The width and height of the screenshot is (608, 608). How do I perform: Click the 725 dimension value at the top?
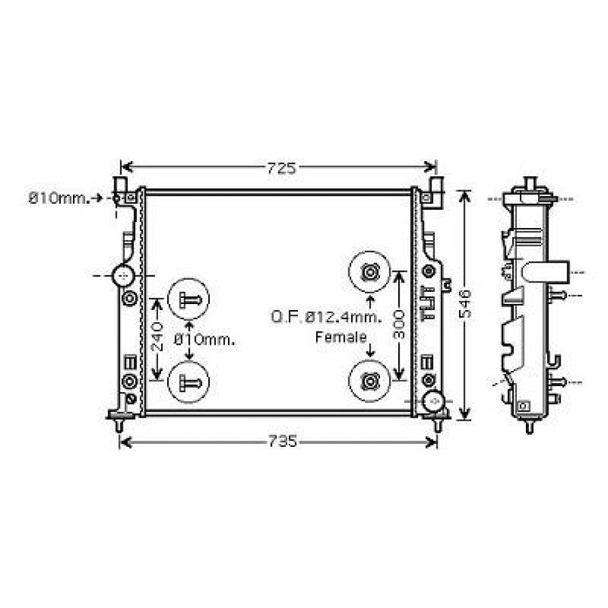[281, 168]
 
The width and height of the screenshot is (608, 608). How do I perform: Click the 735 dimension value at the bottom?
[281, 442]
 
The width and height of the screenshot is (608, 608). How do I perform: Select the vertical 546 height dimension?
[465, 304]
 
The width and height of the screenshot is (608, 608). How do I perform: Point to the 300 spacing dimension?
[398, 325]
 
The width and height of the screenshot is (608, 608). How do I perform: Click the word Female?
[340, 337]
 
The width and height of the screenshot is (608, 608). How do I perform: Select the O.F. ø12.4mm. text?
[326, 316]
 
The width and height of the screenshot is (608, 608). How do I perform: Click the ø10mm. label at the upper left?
[58, 198]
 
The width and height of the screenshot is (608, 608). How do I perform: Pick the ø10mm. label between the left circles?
[204, 340]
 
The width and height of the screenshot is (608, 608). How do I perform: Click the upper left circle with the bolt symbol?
[188, 299]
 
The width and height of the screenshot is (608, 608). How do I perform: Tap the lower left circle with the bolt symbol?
[188, 382]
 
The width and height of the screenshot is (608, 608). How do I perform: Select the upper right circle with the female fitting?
[368, 272]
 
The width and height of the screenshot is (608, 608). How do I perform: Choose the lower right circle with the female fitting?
[368, 381]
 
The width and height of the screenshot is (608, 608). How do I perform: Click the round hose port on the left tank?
[123, 277]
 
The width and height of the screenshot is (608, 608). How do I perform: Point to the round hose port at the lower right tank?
[434, 401]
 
